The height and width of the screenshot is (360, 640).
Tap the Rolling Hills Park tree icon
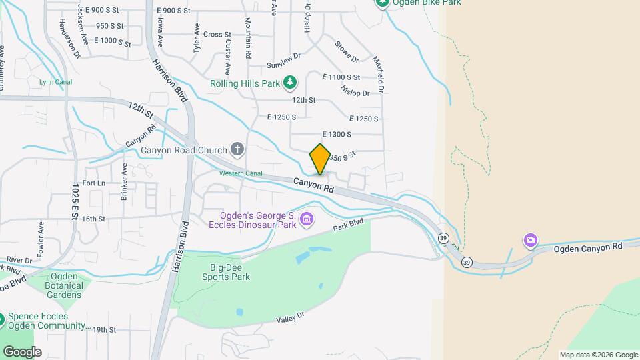coord(290,83)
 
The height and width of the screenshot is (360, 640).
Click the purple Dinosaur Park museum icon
coord(307,219)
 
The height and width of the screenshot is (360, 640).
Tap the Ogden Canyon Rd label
coord(588,247)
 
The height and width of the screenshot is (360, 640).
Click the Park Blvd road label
coord(350,226)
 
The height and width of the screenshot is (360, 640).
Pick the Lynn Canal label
coord(55,83)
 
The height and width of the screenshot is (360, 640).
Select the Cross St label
coord(217,35)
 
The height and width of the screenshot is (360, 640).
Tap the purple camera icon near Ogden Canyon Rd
coord(531,239)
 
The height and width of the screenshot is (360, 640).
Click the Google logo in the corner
coord(22,352)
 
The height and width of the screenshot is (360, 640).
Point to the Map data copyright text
coord(598,355)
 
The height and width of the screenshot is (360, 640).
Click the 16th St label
coord(94,219)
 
